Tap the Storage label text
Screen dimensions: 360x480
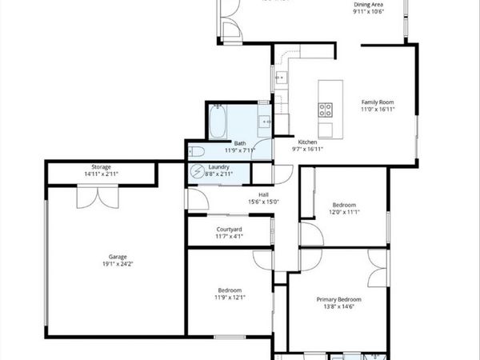[101, 166]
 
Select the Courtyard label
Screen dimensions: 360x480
[230, 230]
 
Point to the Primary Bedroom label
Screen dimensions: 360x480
[337, 299]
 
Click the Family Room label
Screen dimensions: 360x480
[378, 102]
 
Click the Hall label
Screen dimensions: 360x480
[263, 194]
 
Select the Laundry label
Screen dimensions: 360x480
[220, 166]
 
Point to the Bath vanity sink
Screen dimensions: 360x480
[265, 122]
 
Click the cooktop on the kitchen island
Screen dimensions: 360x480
[326, 109]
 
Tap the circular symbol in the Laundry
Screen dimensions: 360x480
[197, 171]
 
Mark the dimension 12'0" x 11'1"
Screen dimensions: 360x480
[344, 212]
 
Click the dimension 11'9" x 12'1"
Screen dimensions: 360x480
[230, 298]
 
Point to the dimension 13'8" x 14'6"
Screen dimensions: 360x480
[337, 306]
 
